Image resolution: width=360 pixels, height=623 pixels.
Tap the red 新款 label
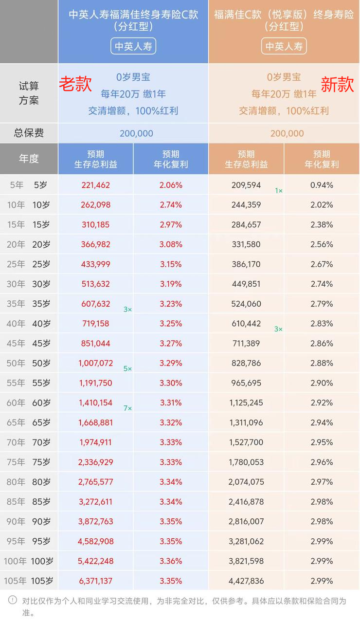[x=337, y=85]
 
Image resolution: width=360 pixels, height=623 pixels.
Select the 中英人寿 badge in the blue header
[x=133, y=46]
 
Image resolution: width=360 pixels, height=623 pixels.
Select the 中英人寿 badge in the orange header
[x=284, y=46]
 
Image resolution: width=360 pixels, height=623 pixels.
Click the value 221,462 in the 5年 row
[x=96, y=185]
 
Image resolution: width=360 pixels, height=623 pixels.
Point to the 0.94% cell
[x=322, y=185]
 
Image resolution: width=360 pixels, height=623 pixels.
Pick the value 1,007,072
[x=96, y=363]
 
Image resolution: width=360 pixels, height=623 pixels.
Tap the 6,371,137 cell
[x=96, y=581]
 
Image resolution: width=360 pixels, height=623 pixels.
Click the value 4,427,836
[x=246, y=581]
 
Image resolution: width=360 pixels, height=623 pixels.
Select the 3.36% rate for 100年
[x=171, y=561]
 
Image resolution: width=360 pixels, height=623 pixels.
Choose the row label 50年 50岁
[x=29, y=363]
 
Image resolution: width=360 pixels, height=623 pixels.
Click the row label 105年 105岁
[x=29, y=581]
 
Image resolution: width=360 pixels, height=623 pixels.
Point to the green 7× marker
[x=127, y=408]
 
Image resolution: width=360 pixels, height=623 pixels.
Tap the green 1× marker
[x=279, y=191]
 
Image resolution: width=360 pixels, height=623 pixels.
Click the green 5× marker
[x=127, y=369]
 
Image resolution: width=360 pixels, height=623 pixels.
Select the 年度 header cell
[x=29, y=159]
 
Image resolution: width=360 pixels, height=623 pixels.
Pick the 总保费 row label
[x=29, y=133]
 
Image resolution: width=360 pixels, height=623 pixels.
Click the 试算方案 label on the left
[x=29, y=93]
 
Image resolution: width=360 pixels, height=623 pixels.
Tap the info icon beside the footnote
[x=12, y=600]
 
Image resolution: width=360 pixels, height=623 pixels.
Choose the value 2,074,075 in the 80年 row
[x=246, y=482]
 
